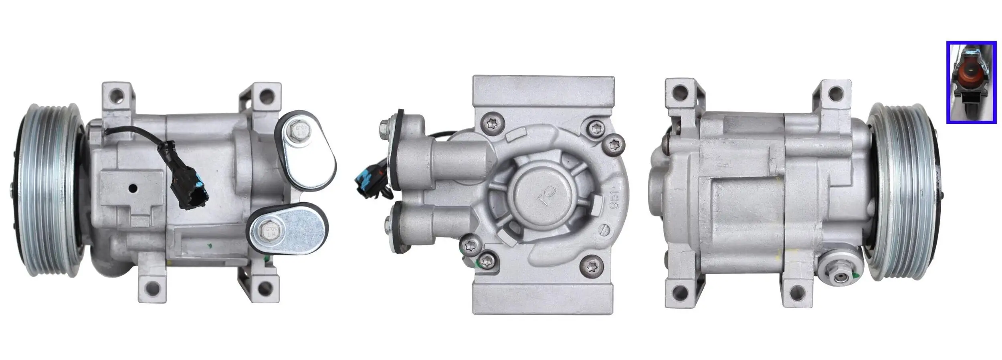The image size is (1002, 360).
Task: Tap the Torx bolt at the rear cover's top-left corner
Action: [x=492, y=123]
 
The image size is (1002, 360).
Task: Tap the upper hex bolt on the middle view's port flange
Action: [x=384, y=127]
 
